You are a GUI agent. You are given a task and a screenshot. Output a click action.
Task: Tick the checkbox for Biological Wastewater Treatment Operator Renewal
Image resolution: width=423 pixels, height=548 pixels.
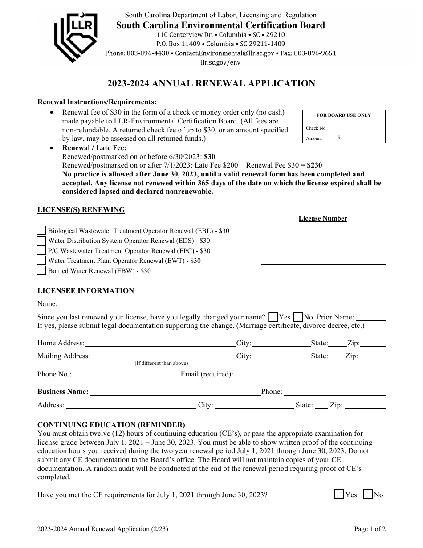(x=41, y=231)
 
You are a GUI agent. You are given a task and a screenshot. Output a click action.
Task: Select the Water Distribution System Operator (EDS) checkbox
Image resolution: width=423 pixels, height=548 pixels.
(x=41, y=241)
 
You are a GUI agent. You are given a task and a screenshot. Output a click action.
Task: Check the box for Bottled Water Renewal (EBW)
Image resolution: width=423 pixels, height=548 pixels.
(x=41, y=271)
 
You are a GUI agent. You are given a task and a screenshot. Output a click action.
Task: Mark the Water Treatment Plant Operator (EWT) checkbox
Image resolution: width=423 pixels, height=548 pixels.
(x=41, y=261)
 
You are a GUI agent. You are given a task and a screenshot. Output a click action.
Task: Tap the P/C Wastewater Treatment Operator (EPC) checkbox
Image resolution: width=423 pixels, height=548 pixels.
(x=41, y=251)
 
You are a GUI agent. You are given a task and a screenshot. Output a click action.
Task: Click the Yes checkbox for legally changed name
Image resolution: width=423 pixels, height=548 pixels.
(x=274, y=317)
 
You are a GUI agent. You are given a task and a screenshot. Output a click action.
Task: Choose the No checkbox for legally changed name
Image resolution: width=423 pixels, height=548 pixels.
(x=298, y=317)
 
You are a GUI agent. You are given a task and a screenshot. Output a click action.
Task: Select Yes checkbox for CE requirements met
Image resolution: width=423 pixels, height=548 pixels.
(x=339, y=494)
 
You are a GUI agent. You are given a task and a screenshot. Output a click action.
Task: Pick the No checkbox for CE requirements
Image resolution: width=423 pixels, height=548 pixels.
(x=368, y=494)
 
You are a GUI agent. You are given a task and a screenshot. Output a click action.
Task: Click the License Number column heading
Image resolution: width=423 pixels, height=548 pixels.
(x=323, y=218)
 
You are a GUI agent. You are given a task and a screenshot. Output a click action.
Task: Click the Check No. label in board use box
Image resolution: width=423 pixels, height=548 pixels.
(x=316, y=128)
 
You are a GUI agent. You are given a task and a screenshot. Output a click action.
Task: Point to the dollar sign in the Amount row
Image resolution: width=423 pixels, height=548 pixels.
(x=339, y=138)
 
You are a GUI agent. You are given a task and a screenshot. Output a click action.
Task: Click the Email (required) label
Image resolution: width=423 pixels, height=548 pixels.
(x=207, y=374)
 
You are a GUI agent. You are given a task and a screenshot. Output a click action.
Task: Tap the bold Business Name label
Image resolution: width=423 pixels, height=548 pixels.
(x=63, y=392)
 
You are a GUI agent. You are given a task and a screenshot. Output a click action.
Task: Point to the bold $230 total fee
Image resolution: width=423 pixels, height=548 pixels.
(x=314, y=165)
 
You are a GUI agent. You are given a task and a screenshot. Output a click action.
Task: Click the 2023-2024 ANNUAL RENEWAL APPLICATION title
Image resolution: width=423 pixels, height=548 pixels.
(x=211, y=83)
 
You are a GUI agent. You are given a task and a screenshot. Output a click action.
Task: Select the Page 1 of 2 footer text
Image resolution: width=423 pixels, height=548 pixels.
(x=370, y=529)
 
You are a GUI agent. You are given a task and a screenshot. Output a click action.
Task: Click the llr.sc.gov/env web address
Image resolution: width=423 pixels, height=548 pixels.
(x=220, y=62)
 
